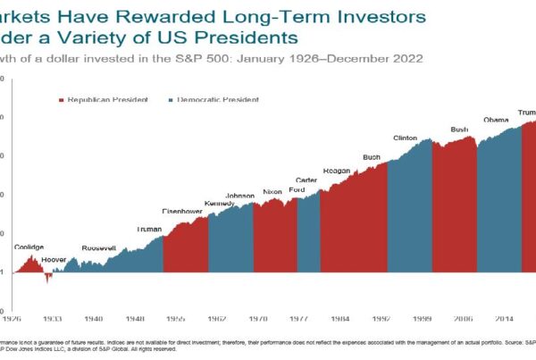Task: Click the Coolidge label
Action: pyautogui.click(x=29, y=247)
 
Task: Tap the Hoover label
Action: pyautogui.click(x=54, y=258)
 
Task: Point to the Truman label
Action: pyautogui.click(x=149, y=229)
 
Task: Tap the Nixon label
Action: pyautogui.click(x=272, y=192)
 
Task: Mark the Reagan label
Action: pyautogui.click(x=337, y=170)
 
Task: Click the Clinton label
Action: pyautogui.click(x=405, y=138)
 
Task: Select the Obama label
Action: pyautogui.click(x=496, y=120)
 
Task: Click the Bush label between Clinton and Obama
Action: pyautogui.click(x=460, y=130)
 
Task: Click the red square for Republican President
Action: pyautogui.click(x=61, y=100)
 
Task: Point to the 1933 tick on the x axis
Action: pyautogui.click(x=54, y=317)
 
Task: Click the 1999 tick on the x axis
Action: pyautogui.click(x=422, y=317)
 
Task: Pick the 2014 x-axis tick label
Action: pyautogui.click(x=503, y=317)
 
